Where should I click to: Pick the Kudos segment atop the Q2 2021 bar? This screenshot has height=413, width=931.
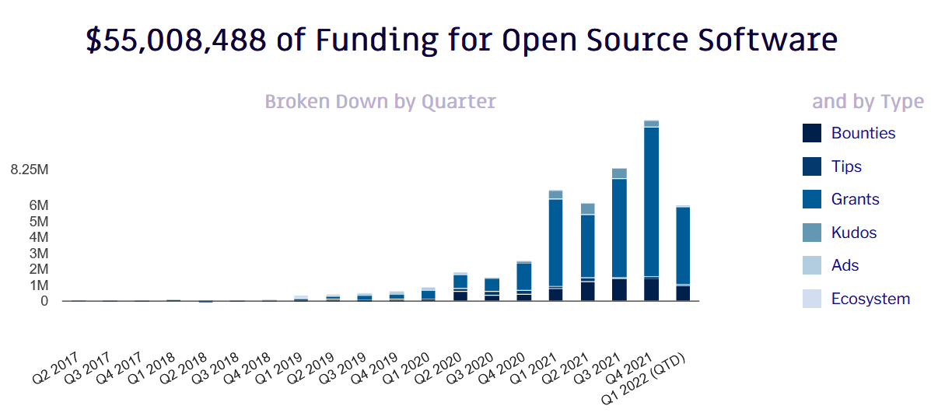[x=587, y=208]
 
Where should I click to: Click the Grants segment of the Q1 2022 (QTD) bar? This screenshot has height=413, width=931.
[x=683, y=245]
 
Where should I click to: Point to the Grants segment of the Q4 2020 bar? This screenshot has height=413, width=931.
[x=523, y=276]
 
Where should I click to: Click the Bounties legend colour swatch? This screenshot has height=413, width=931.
[x=811, y=133]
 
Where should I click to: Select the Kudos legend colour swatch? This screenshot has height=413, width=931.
[x=811, y=233]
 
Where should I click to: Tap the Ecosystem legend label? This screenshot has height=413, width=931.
[x=870, y=299]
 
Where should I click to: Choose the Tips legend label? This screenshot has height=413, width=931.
[x=846, y=166]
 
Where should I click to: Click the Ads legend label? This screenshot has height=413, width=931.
[x=845, y=265]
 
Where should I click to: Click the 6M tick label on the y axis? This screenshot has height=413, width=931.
[x=39, y=205]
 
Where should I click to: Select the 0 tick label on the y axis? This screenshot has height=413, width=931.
[x=44, y=301]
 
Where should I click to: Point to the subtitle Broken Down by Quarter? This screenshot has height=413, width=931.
[x=380, y=102]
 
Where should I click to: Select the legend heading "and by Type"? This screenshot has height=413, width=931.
[x=868, y=102]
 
